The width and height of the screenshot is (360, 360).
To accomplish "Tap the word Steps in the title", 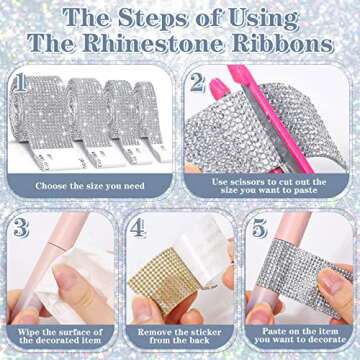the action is (152, 19).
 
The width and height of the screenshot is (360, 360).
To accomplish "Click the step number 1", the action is (21, 82).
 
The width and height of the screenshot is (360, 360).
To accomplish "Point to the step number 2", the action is (197, 82).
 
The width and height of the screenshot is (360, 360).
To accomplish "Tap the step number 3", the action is (21, 227).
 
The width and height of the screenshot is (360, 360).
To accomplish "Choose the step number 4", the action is (137, 229).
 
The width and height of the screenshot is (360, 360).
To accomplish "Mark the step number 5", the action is (258, 228).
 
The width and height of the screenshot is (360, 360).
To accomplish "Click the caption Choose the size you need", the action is (90, 186).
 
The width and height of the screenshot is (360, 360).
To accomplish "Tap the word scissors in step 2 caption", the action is (244, 182).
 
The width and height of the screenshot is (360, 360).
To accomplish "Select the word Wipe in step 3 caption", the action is (28, 332).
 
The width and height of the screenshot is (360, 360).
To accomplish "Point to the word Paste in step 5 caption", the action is (274, 331).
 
